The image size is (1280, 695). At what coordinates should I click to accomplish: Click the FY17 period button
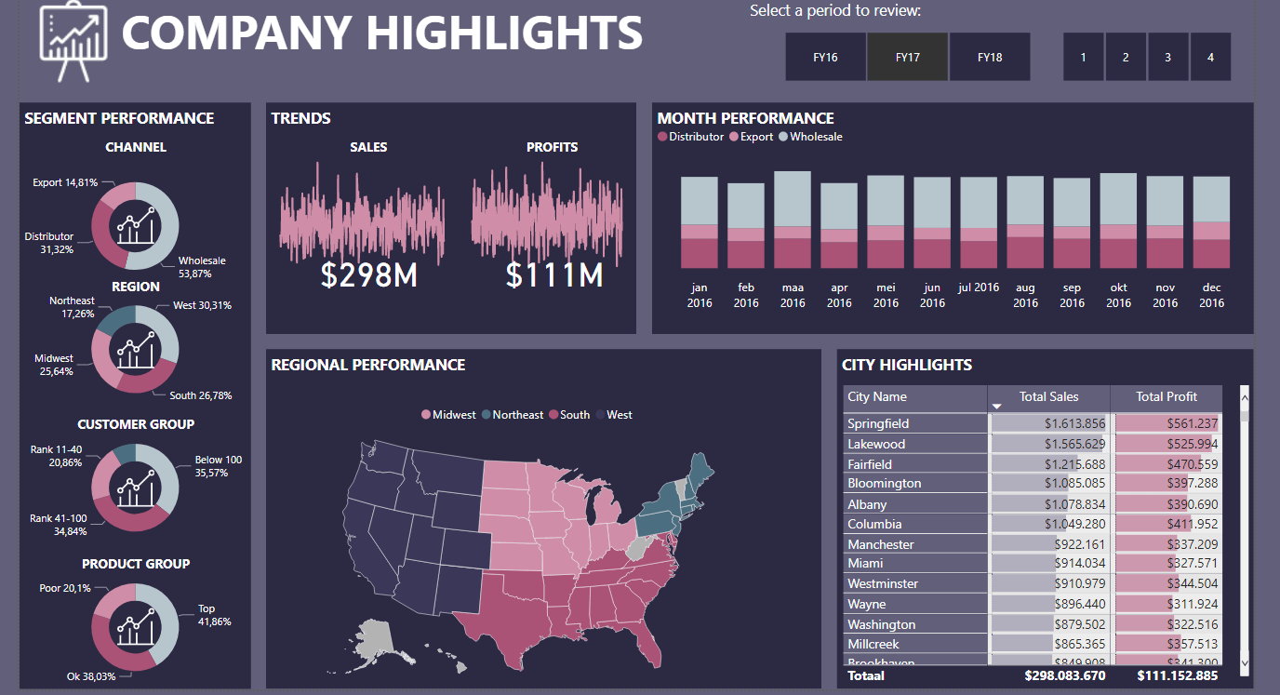[x=907, y=57]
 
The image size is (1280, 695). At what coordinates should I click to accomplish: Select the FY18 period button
[x=990, y=57]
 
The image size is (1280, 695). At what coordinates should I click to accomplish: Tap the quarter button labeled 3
[x=1167, y=57]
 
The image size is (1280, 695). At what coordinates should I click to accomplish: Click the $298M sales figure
[x=368, y=274]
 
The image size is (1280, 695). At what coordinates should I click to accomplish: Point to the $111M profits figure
[x=554, y=274]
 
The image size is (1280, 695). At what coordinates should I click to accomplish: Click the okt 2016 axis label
[x=1118, y=295]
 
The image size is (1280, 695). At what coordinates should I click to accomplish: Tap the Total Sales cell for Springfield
[x=1048, y=423]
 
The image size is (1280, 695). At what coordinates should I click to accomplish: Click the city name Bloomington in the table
[x=884, y=483]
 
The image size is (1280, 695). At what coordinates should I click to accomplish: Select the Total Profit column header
[x=1167, y=397]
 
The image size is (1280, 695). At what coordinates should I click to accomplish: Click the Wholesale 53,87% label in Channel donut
[x=202, y=267]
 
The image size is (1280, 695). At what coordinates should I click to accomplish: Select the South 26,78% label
[x=200, y=395]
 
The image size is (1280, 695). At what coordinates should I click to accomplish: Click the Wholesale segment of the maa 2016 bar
[x=793, y=198]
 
